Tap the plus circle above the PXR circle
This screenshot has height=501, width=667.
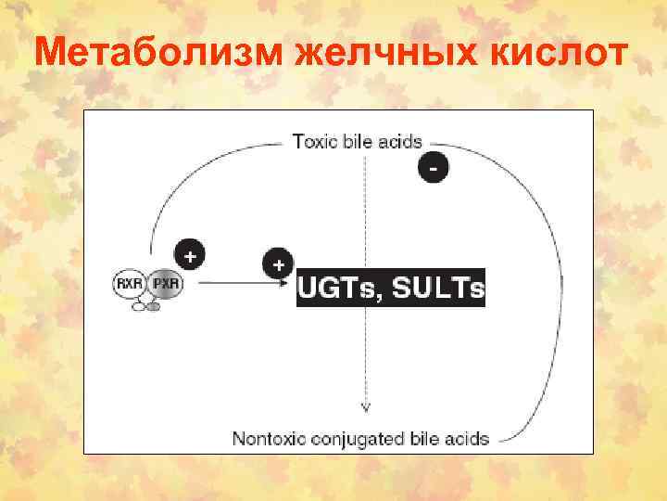tap(190, 253)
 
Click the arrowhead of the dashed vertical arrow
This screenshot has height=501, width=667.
tap(366, 405)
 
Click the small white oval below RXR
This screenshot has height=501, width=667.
tap(140, 306)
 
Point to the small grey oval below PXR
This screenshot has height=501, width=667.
tap(153, 307)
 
